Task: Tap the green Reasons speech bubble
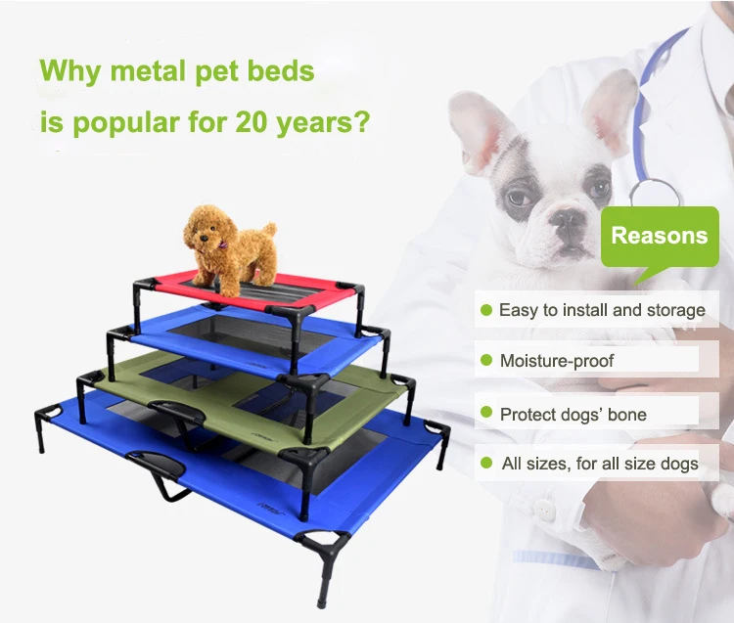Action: click(x=659, y=237)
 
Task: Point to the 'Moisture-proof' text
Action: click(x=558, y=361)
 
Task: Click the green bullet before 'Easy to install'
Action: click(x=484, y=310)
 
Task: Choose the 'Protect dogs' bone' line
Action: click(x=573, y=415)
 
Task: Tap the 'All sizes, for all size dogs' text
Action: click(x=599, y=463)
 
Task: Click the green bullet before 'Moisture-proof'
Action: click(x=484, y=361)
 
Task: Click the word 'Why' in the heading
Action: click(x=71, y=72)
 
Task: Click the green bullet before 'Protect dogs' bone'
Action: click(x=484, y=415)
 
